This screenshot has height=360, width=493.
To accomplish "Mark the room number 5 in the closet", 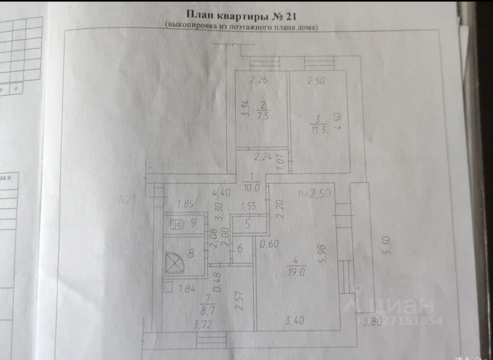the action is click(x=247, y=224).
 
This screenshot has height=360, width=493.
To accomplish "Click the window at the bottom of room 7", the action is click(x=211, y=340).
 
